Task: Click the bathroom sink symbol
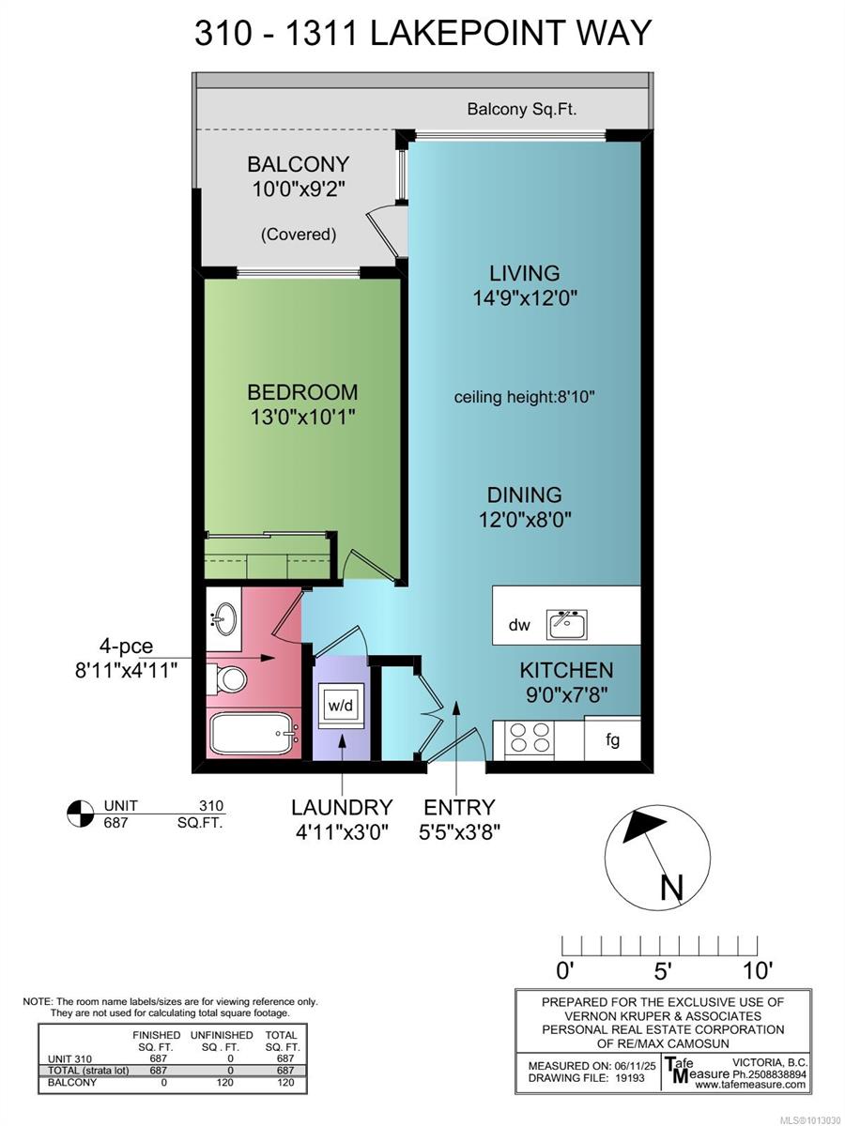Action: [x=225, y=618]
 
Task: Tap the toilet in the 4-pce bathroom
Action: [x=226, y=677]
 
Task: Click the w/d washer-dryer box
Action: [x=340, y=703]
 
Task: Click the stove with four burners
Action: [x=530, y=738]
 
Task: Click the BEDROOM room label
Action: [x=302, y=392]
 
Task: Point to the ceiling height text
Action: [x=525, y=397]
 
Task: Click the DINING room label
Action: [x=524, y=495]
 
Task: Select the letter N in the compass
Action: [x=671, y=886]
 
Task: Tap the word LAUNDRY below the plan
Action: [x=341, y=807]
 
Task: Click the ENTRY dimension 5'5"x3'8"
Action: [x=459, y=831]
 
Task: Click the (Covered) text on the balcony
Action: [x=298, y=235]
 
